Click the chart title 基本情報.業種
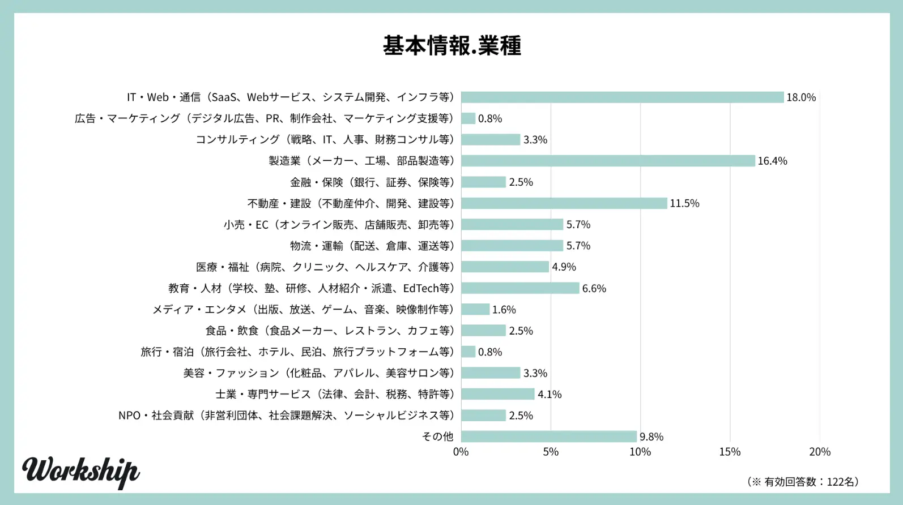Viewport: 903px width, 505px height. [451, 45]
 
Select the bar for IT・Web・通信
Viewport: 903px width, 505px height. [622, 97]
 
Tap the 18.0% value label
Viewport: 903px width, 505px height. [801, 97]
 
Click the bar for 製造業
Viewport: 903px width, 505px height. [608, 161]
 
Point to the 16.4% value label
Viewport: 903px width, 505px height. [772, 161]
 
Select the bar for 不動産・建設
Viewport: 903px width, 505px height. [564, 203]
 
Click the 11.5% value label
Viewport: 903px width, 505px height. [684, 203]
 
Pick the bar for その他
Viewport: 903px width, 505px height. [548, 436]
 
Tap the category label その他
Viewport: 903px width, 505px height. [438, 436]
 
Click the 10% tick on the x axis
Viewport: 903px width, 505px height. [640, 452]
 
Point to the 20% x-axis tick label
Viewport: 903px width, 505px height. [820, 452]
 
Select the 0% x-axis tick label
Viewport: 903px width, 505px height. [461, 452]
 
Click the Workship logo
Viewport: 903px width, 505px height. [81, 471]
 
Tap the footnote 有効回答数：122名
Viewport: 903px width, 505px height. [803, 482]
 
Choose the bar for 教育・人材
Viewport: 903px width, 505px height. [520, 288]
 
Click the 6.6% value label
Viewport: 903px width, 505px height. [594, 288]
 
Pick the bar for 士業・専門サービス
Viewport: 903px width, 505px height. [497, 394]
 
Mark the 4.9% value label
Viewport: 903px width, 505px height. [564, 267]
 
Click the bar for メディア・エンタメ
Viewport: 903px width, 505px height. [475, 309]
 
